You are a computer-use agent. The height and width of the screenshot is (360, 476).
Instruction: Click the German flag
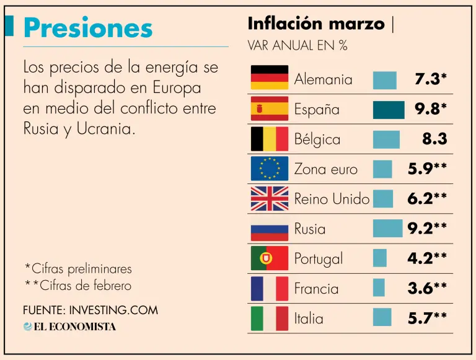269,79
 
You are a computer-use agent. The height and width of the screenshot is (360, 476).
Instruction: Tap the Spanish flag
269,109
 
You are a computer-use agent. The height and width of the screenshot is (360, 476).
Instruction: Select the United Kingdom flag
269,199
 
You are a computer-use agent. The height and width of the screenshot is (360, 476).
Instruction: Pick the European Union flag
269,169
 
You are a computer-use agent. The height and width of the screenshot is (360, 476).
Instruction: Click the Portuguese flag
269,258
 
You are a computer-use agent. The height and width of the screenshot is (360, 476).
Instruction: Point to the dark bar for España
389,110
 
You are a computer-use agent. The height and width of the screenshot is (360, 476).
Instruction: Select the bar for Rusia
387,229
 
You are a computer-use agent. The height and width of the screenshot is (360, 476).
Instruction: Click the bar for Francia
379,288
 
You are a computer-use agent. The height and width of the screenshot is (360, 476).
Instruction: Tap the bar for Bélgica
386,139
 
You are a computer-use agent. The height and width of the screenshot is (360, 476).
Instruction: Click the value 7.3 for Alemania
427,79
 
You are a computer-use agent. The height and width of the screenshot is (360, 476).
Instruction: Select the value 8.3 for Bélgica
434,139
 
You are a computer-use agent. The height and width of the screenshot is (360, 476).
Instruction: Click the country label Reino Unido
332,199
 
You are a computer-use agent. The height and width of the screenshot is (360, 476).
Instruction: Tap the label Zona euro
325,169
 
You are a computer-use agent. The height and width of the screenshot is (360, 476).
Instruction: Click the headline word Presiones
87,28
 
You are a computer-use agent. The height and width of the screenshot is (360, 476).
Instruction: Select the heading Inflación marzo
316,24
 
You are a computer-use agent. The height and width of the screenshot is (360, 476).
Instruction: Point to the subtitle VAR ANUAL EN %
297,46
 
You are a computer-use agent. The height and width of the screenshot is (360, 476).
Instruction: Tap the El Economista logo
69,327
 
